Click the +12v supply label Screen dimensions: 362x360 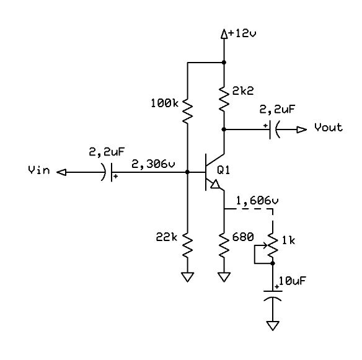[x=242, y=33]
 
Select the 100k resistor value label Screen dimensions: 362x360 [x=165, y=103]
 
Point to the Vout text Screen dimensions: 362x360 [x=329, y=128]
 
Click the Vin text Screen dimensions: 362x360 [x=39, y=170]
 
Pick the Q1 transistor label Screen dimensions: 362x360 [x=224, y=170]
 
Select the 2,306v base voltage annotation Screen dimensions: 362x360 [x=153, y=164]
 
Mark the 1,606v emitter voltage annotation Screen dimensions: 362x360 [x=257, y=201]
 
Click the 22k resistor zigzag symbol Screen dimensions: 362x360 [x=187, y=245]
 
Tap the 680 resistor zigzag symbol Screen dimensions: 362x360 [x=224, y=245]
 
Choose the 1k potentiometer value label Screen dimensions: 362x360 [x=289, y=240]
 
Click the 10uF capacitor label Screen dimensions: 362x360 [x=293, y=281]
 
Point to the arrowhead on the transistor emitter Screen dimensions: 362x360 [x=215, y=185]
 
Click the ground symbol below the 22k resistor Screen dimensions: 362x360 [x=187, y=277]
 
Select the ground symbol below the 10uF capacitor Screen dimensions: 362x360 [x=273, y=326]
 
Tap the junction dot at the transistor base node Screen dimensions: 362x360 [x=187, y=172]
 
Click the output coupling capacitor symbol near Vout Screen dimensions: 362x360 [x=275, y=130]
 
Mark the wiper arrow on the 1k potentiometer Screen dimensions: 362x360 [x=261, y=246]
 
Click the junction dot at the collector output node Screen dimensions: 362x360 [x=224, y=130]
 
